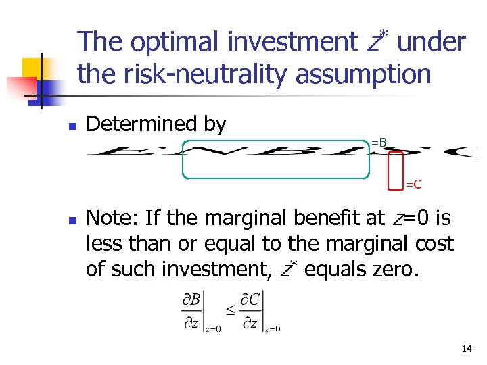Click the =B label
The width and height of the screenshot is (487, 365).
point(379,143)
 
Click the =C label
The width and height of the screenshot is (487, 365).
point(413,184)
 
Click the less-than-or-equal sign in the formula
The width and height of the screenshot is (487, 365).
point(230,309)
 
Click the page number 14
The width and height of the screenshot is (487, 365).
point(466,349)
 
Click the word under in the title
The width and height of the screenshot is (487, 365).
point(432,43)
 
